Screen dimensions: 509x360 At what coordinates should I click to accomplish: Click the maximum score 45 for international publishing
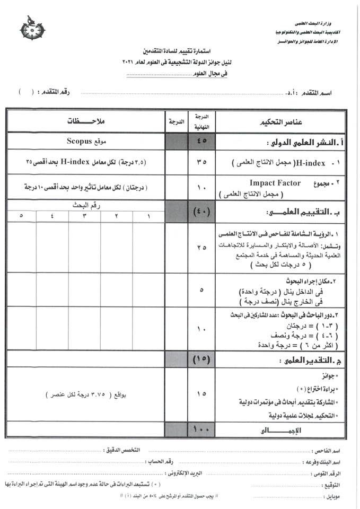202,142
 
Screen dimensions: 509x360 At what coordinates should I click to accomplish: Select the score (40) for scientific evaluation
202,212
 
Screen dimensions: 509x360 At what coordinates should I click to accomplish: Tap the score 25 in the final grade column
202,248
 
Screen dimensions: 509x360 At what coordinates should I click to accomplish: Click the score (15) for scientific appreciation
202,360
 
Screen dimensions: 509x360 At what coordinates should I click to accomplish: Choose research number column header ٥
21,216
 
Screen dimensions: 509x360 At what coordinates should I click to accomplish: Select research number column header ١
148,216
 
